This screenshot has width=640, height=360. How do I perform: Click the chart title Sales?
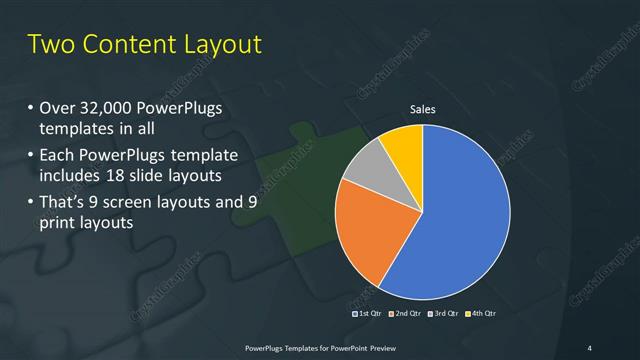pyautogui.click(x=423, y=109)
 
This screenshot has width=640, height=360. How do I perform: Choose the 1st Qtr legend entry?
pyautogui.click(x=366, y=313)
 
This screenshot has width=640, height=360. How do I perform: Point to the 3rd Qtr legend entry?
pyautogui.click(x=444, y=313)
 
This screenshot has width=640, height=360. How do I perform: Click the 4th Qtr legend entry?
pyautogui.click(x=481, y=313)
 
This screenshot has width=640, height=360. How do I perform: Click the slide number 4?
pyautogui.click(x=590, y=347)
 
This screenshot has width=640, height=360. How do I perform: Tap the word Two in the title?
pyautogui.click(x=49, y=45)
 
